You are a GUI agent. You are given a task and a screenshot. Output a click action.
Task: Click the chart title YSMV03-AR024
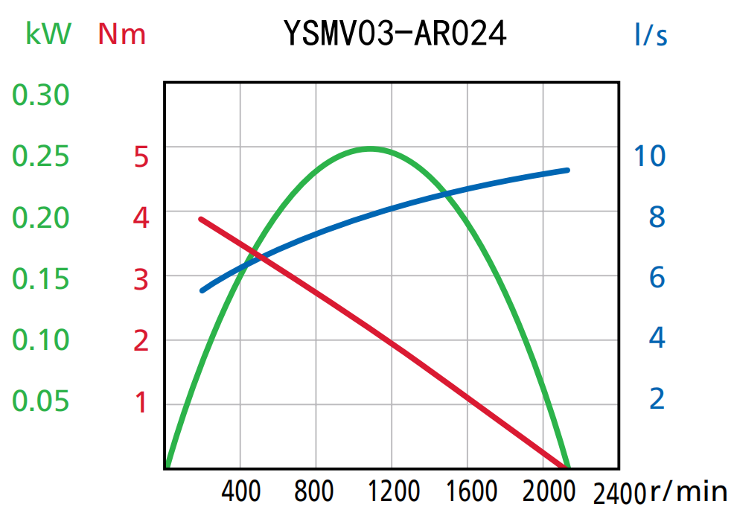pos(395,34)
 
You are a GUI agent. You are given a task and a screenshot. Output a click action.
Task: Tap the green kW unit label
pos(48,34)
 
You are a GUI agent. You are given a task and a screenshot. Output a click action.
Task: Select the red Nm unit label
pos(122,34)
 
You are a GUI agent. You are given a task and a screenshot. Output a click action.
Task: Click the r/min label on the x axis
pos(689,491)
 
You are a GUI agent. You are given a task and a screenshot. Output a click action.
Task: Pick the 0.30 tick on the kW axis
pos(41,95)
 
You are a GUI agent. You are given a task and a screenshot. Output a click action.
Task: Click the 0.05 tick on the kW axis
pos(41,401)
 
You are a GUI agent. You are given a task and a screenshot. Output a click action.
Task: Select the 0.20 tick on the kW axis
pos(41,217)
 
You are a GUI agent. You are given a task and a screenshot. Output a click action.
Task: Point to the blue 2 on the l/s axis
pos(657,399)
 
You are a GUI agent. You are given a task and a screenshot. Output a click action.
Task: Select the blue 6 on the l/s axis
pos(657,278)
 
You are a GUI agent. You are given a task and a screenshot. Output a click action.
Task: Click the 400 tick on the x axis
pos(241,492)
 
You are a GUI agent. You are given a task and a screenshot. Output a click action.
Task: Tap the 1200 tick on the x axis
pos(393,492)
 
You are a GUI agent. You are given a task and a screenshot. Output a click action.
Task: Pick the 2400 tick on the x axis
pos(619,494)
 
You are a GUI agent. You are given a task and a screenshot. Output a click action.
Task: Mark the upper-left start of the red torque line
pos(201,219)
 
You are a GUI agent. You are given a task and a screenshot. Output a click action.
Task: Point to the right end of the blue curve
pos(567,171)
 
